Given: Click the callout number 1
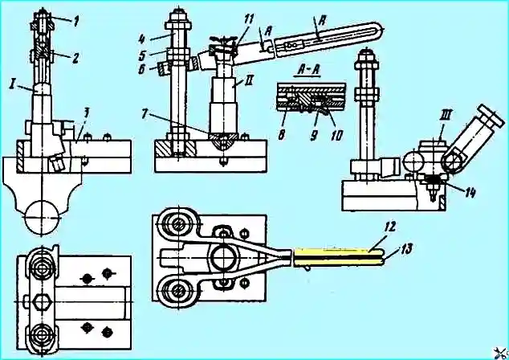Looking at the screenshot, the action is [75, 22].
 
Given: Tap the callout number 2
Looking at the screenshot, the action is [75, 58].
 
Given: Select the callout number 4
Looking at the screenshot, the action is [141, 39].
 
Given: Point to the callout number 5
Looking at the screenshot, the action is [142, 55].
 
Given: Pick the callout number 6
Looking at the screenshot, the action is [142, 69].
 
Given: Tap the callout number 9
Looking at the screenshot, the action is [314, 135].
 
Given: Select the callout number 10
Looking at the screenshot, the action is [336, 135].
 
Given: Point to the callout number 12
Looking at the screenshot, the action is [390, 227].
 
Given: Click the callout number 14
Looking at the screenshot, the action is [469, 192].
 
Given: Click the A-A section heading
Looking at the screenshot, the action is [307, 72].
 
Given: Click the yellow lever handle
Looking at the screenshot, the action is [339, 257].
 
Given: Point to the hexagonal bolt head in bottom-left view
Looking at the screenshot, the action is [41, 302].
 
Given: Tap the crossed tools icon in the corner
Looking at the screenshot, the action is [501, 353].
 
